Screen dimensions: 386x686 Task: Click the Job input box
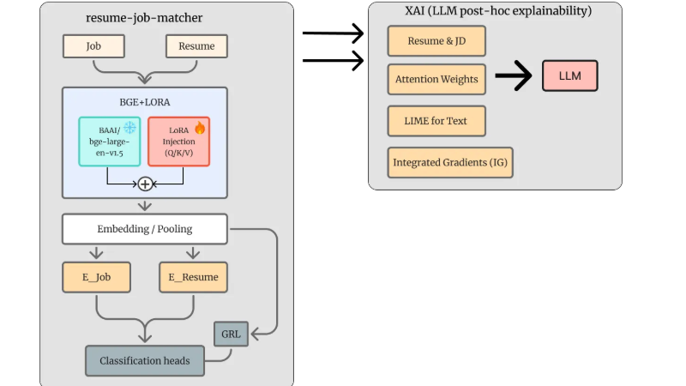tap(94, 46)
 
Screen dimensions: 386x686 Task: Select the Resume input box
tap(196, 46)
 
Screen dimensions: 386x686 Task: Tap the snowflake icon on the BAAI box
tap(129, 127)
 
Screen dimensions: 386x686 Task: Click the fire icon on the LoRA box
tap(200, 127)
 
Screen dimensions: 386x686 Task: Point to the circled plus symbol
tap(145, 184)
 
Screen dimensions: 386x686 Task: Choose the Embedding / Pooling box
tap(144, 229)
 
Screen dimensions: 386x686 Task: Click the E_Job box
tap(96, 277)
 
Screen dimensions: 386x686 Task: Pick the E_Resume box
tap(193, 277)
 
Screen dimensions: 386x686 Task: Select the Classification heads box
tap(144, 360)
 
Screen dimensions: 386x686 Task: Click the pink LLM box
tap(569, 76)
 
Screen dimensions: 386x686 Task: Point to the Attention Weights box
tap(436, 80)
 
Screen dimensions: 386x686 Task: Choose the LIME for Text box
tap(436, 121)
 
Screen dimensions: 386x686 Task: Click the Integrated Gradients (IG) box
tap(450, 162)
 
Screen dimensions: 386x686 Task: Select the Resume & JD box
tap(436, 40)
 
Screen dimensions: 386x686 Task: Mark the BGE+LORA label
tap(145, 101)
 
